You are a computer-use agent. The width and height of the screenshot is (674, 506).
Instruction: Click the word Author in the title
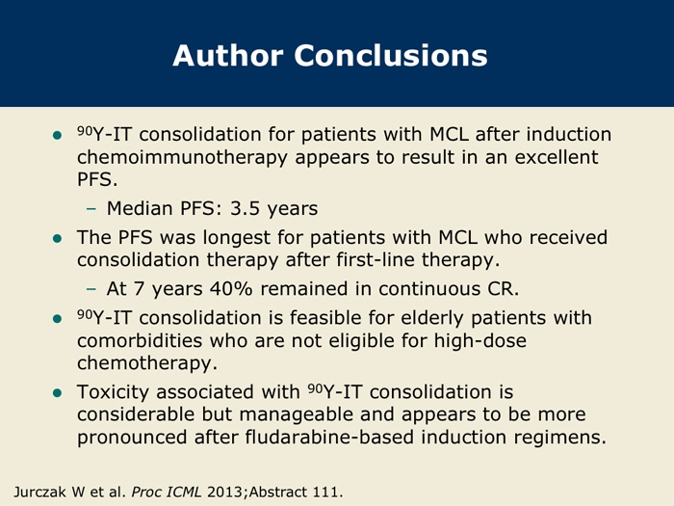pyautogui.click(x=228, y=55)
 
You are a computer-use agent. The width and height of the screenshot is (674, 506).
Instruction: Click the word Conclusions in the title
pyautogui.click(x=391, y=55)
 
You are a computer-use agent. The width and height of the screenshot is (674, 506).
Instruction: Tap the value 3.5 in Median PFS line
pyautogui.click(x=245, y=208)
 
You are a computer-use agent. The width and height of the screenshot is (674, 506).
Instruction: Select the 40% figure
pyautogui.click(x=231, y=289)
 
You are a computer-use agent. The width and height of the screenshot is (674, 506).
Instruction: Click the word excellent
pyautogui.click(x=557, y=157)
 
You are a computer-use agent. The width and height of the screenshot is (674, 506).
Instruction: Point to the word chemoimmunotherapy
pyautogui.click(x=182, y=158)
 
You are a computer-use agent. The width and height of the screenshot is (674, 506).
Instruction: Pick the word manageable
pyautogui.click(x=317, y=414)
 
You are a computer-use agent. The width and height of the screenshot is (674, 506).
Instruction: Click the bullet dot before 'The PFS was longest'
pyautogui.click(x=57, y=238)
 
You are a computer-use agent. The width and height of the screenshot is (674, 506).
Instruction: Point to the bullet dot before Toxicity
pyautogui.click(x=57, y=393)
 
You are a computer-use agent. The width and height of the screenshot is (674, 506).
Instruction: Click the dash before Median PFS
pyautogui.click(x=91, y=209)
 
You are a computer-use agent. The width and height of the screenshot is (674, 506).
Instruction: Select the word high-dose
pyautogui.click(x=480, y=341)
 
